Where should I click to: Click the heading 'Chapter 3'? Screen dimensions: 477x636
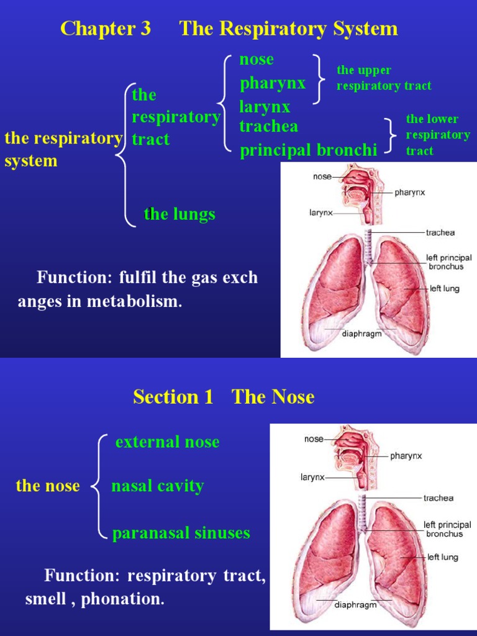coord(106,29)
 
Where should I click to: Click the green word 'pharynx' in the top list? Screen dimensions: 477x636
coord(273,83)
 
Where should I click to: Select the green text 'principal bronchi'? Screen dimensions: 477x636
coord(309,150)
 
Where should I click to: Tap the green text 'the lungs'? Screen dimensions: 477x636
coord(179,214)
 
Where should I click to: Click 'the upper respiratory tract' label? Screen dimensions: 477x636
coord(383,78)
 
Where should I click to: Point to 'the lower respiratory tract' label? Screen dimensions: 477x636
coord(438,135)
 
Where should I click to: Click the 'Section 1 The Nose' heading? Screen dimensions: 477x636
coord(224,397)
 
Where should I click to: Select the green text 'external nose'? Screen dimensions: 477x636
coord(167,442)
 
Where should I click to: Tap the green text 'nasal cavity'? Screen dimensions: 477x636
coord(157,486)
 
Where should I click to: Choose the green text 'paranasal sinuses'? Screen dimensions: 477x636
coord(181,533)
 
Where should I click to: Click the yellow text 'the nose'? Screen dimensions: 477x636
coord(48,486)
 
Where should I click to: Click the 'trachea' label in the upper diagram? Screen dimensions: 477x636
coord(440,233)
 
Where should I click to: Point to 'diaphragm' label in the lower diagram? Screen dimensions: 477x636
coord(356,604)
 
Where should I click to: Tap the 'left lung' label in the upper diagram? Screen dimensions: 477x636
coord(445,289)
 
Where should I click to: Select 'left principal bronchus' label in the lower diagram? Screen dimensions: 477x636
coord(447,529)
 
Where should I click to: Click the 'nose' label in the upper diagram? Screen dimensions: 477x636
coord(322,176)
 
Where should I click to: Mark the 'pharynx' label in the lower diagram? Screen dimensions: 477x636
coord(406,456)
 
